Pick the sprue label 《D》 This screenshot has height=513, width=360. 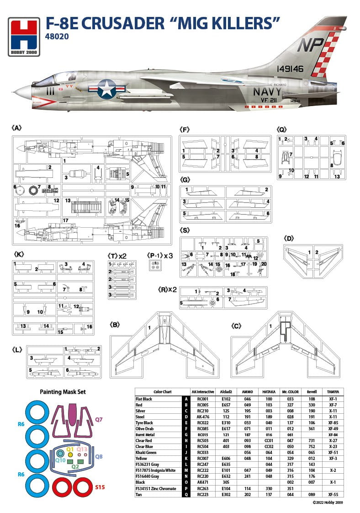289,238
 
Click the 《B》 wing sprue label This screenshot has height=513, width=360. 115,325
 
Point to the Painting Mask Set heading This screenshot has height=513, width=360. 63,392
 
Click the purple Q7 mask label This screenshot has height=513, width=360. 99,419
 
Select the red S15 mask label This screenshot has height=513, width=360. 100,487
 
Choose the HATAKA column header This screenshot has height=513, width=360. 269,392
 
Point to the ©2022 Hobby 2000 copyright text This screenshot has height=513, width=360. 328,502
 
